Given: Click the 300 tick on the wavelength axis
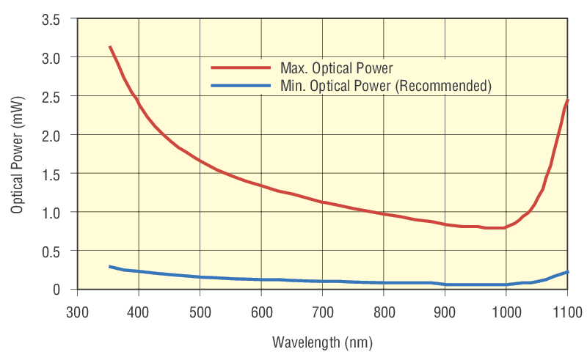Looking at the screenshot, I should tap(77, 312).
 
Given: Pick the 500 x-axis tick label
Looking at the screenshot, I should tap(200, 312).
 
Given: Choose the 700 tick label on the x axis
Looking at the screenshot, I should tap(322, 312).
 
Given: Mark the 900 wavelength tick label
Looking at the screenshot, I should tap(445, 312).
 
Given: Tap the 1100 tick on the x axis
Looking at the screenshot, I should tap(566, 312).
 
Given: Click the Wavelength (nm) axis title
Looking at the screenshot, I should tap(321, 342).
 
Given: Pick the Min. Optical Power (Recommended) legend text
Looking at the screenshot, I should tap(386, 86).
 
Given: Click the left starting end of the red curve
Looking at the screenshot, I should tap(110, 47).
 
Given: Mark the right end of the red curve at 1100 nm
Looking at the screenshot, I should tap(568, 100).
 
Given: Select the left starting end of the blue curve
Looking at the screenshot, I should tap(110, 266).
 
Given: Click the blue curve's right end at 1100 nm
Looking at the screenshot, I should tap(568, 272).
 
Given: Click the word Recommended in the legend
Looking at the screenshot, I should tap(443, 86).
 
